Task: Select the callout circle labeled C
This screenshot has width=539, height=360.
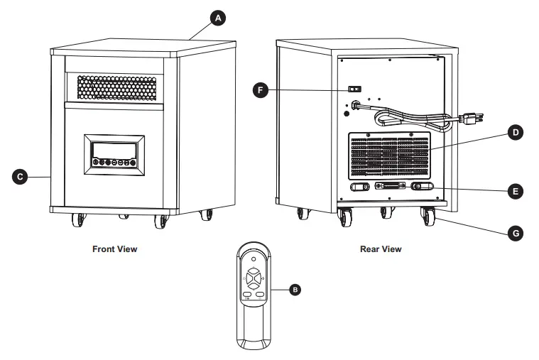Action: click(x=22, y=176)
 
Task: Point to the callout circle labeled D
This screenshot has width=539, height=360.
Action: click(x=516, y=132)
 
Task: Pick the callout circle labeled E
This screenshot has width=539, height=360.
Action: click(x=516, y=191)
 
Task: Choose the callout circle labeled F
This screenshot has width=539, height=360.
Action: click(x=262, y=89)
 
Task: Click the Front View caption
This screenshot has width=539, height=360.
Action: click(x=114, y=249)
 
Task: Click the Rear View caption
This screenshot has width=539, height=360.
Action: click(x=380, y=249)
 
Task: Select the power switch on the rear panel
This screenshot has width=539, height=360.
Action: click(x=354, y=89)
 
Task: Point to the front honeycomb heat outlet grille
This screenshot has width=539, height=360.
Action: click(x=116, y=87)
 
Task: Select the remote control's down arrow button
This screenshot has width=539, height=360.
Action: click(x=255, y=285)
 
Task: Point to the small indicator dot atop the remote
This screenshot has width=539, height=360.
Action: click(x=255, y=258)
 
